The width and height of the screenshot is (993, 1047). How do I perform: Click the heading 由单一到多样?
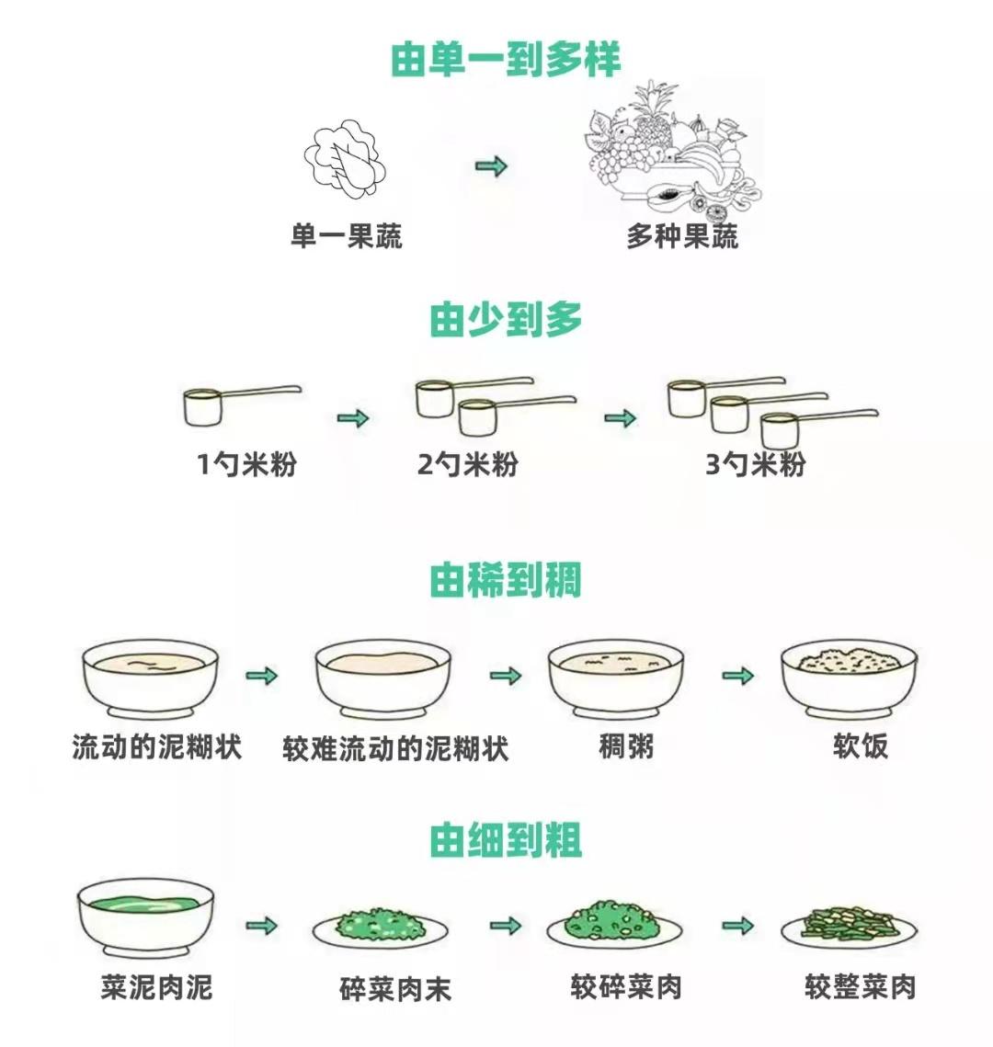[506, 59]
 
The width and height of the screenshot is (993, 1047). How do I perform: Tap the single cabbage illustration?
[345, 164]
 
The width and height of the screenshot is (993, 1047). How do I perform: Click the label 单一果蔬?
[347, 237]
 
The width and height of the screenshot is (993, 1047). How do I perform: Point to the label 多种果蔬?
[682, 237]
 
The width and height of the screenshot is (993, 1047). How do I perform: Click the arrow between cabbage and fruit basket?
[491, 166]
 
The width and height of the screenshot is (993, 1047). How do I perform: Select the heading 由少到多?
[506, 320]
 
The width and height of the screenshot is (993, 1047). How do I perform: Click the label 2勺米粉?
[467, 464]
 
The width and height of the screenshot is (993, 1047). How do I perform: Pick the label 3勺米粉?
[755, 464]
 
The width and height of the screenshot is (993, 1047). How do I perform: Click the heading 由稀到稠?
[506, 581]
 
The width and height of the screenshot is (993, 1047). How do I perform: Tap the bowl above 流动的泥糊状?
[151, 680]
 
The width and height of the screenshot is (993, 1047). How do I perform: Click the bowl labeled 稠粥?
[616, 680]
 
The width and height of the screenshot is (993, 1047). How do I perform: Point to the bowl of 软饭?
[849, 680]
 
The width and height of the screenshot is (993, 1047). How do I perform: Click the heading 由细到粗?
[506, 840]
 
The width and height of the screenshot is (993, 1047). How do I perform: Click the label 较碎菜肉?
[626, 987]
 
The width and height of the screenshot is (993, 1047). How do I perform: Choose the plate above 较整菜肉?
[848, 927]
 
